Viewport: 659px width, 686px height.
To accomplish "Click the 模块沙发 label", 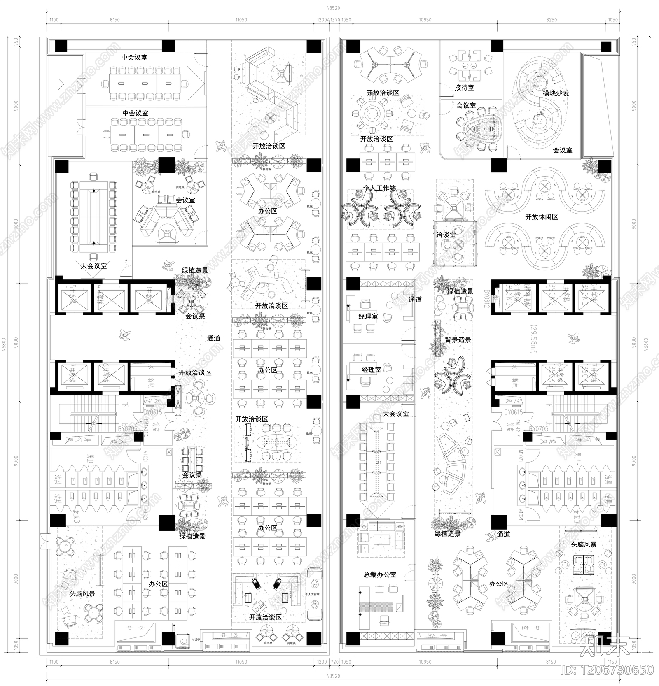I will click(556, 93).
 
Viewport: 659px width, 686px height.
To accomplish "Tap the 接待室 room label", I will click(464, 88).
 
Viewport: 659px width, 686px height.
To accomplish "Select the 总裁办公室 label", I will click(380, 574).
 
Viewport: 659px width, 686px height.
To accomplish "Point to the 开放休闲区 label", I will click(541, 217).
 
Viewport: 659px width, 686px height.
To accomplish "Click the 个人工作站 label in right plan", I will click(379, 188).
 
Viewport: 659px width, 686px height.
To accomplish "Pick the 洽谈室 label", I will click(446, 235).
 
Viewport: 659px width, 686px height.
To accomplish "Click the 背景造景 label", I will click(458, 340).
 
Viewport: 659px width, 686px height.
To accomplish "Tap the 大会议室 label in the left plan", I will click(93, 266).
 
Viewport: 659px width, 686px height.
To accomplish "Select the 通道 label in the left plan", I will click(214, 338).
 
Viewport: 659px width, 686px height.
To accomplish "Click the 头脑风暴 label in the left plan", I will click(82, 594).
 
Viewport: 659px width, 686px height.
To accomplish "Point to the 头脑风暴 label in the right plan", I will click(583, 544).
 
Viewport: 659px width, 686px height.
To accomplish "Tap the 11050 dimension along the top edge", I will click(241, 20).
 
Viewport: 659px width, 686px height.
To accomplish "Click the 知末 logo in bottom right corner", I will click(605, 648).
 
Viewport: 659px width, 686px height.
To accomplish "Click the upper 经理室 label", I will click(368, 316).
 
